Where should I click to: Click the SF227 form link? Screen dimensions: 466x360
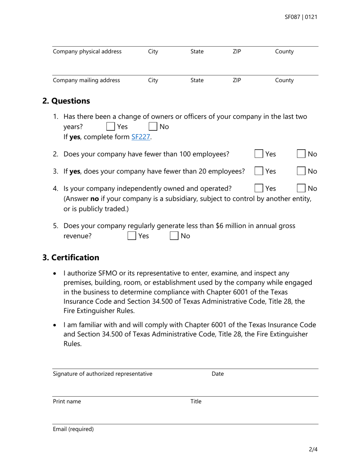point(141,137)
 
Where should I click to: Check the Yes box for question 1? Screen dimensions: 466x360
point(111,127)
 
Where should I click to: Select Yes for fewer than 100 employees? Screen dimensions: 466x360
point(258,154)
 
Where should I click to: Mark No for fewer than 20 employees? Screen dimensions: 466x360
point(301,171)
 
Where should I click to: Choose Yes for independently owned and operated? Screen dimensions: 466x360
point(258,188)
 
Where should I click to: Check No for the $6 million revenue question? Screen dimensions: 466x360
point(174,236)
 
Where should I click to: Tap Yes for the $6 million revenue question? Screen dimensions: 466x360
point(132,236)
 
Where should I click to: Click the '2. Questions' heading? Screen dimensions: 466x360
point(66,101)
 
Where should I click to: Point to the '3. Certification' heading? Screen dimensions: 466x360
point(71,258)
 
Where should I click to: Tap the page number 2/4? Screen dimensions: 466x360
point(313,450)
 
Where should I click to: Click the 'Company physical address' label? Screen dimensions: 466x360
point(87,52)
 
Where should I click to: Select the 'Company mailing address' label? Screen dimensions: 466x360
point(86,80)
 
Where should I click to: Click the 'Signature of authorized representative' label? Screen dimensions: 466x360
point(103,374)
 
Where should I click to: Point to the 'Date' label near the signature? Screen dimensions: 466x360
point(218,374)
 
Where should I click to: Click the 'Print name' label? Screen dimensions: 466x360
point(67,402)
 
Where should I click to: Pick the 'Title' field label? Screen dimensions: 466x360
point(196,402)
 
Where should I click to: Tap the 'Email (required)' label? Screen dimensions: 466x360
point(73,429)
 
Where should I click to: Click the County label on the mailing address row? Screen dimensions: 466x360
point(284,80)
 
